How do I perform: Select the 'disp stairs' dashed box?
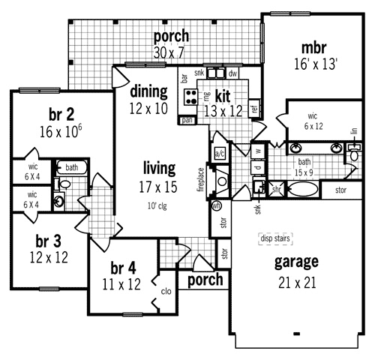coord(274,239)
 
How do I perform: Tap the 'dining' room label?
coord(148,91)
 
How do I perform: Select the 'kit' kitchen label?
coord(222,96)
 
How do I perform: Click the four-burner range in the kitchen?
coord(191,96)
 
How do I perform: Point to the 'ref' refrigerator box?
coord(254,109)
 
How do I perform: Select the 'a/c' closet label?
coord(220,154)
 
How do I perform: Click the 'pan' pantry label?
coord(187,119)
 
